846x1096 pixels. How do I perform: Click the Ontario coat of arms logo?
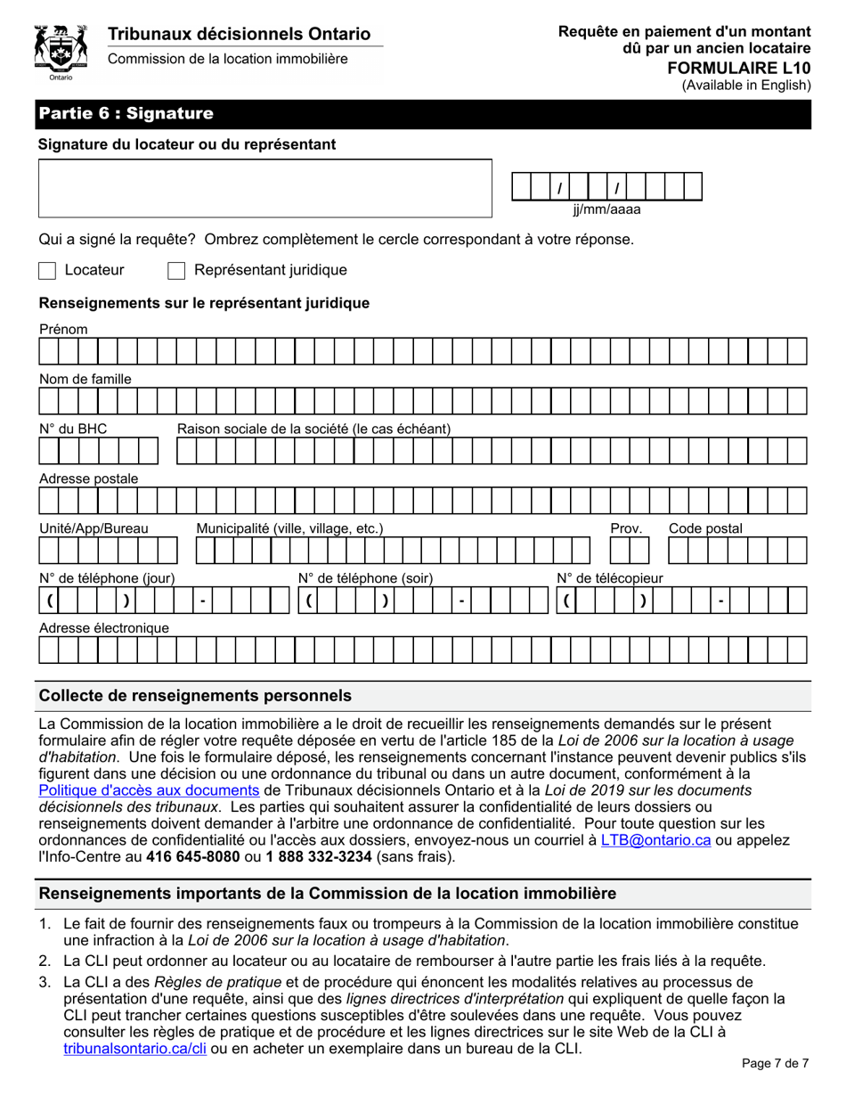pyautogui.click(x=60, y=53)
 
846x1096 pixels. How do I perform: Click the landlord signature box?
pyautogui.click(x=264, y=188)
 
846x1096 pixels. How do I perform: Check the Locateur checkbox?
pyautogui.click(x=48, y=270)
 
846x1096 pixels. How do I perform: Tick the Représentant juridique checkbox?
pyautogui.click(x=176, y=270)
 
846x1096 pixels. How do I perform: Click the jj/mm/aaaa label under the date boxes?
pyautogui.click(x=606, y=210)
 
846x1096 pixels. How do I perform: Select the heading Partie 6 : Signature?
pyautogui.click(x=126, y=114)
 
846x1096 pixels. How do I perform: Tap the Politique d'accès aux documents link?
pyautogui.click(x=150, y=789)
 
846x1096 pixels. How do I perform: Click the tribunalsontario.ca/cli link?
pyautogui.click(x=135, y=1049)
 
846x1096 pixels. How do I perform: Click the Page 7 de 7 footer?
pyautogui.click(x=776, y=1062)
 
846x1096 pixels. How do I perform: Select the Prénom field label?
pyautogui.click(x=63, y=330)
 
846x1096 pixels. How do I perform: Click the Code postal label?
pyautogui.click(x=705, y=528)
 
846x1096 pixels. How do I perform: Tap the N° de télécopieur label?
pyautogui.click(x=610, y=578)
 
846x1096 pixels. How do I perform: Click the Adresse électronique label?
pyautogui.click(x=104, y=628)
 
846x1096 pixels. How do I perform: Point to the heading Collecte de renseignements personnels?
pyautogui.click(x=195, y=695)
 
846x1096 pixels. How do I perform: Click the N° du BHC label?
pyautogui.click(x=73, y=429)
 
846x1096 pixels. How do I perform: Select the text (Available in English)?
pyautogui.click(x=746, y=86)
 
